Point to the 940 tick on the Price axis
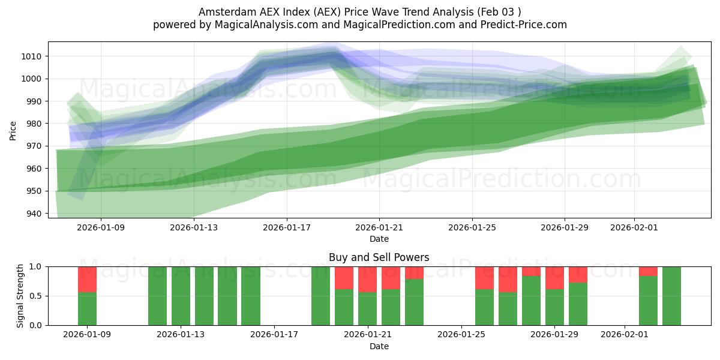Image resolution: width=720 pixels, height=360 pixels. (34, 214)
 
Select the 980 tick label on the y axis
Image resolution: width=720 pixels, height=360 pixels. (34, 124)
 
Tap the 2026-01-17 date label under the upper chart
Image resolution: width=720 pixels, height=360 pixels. (286, 227)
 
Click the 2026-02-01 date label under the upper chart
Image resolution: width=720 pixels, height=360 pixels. (634, 227)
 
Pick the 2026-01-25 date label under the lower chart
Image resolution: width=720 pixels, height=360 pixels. (461, 335)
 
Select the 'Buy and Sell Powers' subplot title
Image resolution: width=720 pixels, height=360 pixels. (379, 257)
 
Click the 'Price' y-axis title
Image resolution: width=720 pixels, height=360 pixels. (13, 131)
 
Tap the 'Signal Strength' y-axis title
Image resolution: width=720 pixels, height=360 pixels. (20, 296)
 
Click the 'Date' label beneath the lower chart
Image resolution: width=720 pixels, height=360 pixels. (379, 346)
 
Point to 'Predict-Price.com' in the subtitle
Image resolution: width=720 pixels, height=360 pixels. (521, 25)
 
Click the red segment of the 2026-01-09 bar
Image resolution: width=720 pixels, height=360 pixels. (87, 279)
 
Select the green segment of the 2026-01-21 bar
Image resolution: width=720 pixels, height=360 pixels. (367, 308)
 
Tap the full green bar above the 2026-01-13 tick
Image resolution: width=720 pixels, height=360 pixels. (181, 296)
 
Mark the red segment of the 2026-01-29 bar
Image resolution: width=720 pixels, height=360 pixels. (554, 278)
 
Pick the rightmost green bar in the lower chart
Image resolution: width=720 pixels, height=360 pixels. (671, 296)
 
